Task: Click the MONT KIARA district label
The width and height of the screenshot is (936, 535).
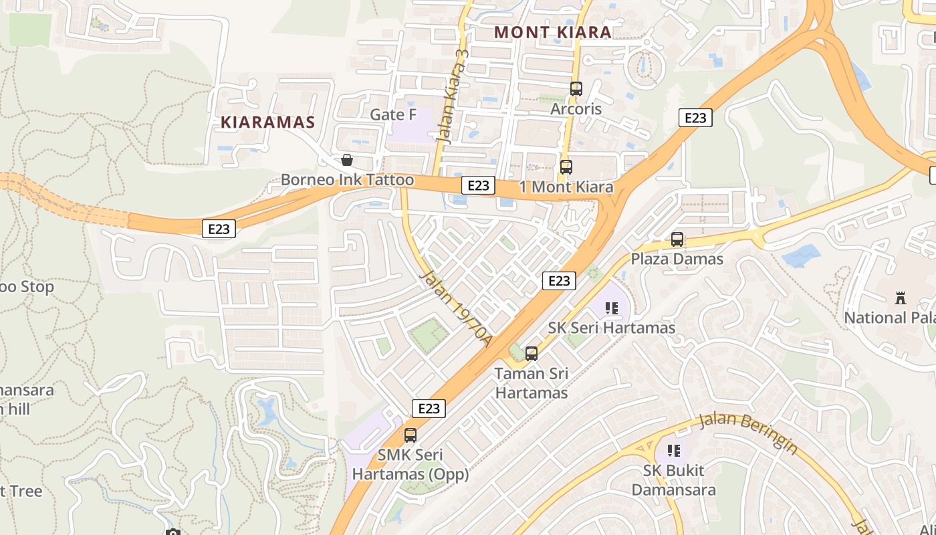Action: pyautogui.click(x=552, y=32)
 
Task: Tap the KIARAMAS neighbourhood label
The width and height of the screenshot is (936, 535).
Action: pyautogui.click(x=267, y=122)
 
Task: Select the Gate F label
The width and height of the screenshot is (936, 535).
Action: pyautogui.click(x=393, y=115)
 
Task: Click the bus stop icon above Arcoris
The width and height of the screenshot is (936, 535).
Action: pyautogui.click(x=576, y=88)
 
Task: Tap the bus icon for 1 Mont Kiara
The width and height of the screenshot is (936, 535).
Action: pyautogui.click(x=566, y=167)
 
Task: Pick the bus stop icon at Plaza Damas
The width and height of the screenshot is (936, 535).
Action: pyautogui.click(x=677, y=239)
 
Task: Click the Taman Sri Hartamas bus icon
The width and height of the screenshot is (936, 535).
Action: pyautogui.click(x=532, y=354)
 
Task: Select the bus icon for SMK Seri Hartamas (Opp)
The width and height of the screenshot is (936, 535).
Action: pyautogui.click(x=410, y=435)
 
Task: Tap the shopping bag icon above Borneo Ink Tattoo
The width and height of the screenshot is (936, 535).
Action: pyautogui.click(x=346, y=160)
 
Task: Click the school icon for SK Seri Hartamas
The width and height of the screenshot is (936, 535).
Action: pyautogui.click(x=611, y=308)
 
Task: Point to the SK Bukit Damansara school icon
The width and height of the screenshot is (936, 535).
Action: pyautogui.click(x=674, y=451)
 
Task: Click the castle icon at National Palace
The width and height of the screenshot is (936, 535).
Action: pyautogui.click(x=901, y=298)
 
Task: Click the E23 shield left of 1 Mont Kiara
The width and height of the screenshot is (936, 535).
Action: pyautogui.click(x=478, y=185)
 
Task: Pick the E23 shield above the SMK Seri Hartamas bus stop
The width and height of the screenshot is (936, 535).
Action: pyautogui.click(x=429, y=408)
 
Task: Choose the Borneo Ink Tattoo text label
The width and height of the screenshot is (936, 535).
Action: pyautogui.click(x=347, y=180)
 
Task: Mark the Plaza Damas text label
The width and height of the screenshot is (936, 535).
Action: pyautogui.click(x=677, y=259)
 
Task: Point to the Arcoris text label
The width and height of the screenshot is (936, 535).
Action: pyautogui.click(x=576, y=109)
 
